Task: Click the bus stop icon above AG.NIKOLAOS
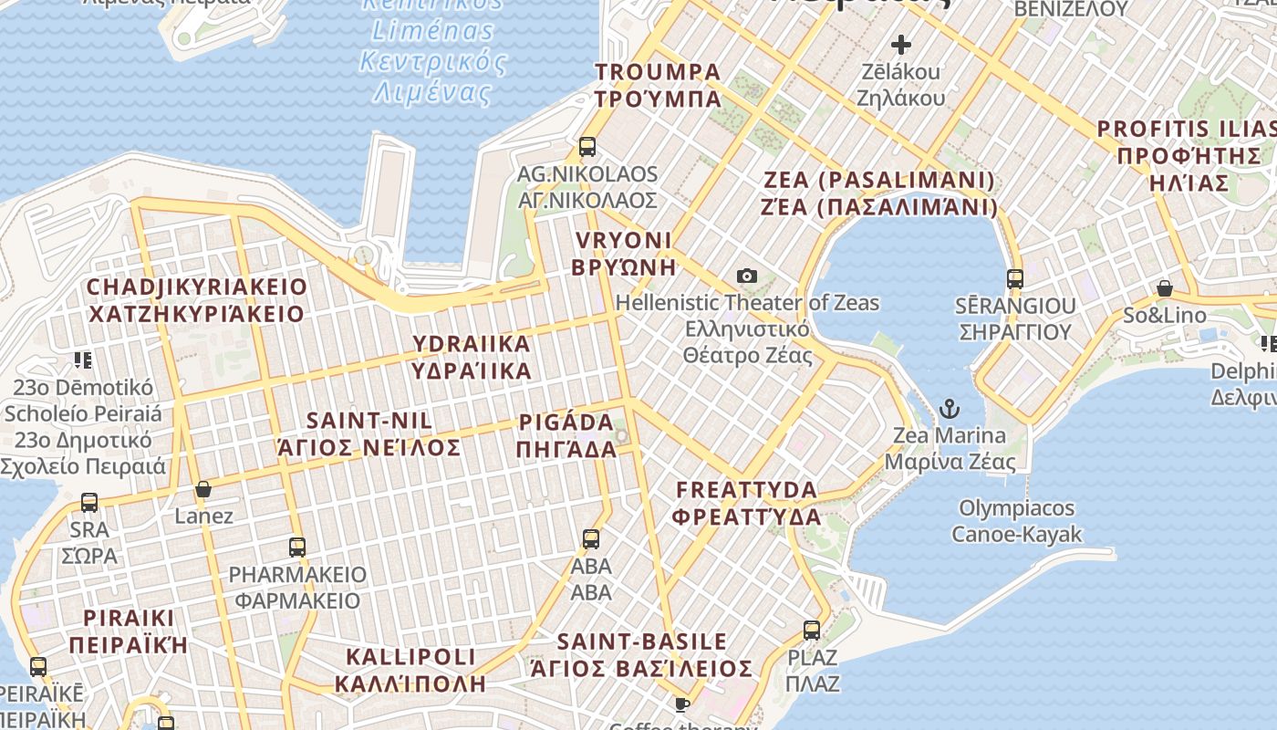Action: point(587,146)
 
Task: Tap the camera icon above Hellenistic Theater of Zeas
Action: point(747,276)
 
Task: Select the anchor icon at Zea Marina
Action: point(950,408)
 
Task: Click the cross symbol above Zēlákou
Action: point(901,44)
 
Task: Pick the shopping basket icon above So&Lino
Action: point(1165,288)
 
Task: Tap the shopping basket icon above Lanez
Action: point(203,489)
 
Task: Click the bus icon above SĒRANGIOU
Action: point(1015,278)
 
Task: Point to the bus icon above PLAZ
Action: point(812,630)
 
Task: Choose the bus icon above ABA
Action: point(591,538)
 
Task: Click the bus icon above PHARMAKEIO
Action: point(297,547)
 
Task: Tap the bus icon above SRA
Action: point(89,502)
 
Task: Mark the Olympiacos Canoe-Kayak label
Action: point(1017,521)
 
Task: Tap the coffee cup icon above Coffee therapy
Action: point(681,704)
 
